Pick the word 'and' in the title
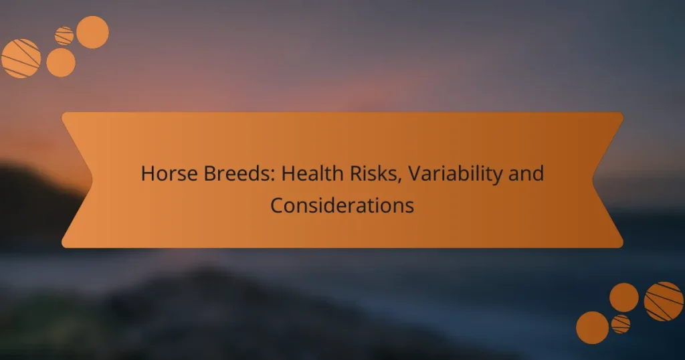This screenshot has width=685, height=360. pos(528,175)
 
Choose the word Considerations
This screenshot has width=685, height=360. pos(342,205)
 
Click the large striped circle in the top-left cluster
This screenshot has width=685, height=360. pos(21,58)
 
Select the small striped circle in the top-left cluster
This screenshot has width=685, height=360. pos(64,35)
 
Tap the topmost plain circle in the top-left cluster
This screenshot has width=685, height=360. pos(92,32)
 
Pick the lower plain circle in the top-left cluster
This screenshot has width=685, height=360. pos(61,62)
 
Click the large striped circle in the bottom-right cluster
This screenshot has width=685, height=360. pos(663,301)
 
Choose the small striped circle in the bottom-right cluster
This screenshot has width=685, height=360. pos(621,324)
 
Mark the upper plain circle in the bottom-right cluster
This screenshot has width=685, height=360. pos(624,297)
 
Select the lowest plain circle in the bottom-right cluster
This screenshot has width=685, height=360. pos(592,328)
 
